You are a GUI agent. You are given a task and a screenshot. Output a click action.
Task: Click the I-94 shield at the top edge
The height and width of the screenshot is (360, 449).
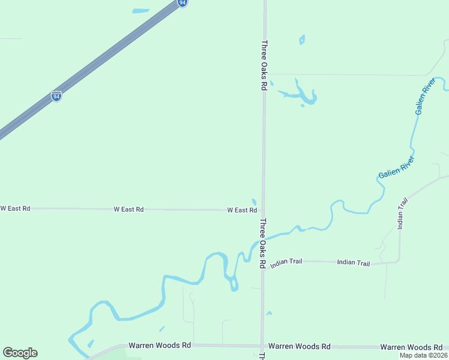[x=182, y=2]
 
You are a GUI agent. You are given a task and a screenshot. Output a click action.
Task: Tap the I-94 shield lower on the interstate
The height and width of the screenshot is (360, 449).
[x=56, y=96]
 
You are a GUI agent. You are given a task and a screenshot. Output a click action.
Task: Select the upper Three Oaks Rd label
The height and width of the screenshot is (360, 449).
[x=264, y=65]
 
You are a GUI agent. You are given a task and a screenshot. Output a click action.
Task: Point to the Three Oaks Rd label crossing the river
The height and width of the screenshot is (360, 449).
[x=262, y=242]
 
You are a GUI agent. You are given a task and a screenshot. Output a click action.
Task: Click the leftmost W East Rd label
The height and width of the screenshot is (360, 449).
[x=15, y=208]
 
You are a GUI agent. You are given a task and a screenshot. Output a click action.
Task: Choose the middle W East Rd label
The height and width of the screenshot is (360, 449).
[x=128, y=209]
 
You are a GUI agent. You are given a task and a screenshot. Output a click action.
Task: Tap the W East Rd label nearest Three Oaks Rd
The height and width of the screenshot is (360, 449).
[x=242, y=210]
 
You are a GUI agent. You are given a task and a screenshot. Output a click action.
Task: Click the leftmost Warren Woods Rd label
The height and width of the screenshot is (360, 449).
[x=160, y=346]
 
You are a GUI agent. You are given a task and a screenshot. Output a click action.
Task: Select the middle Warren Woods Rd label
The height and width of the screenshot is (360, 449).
[x=299, y=346]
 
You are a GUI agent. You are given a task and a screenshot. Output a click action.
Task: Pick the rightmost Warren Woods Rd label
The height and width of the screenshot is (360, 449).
[x=411, y=347]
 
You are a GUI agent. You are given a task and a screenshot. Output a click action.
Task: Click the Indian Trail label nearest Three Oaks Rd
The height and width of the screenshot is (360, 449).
[x=286, y=263]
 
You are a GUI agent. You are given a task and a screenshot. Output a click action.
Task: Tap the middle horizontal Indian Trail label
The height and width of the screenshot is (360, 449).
[x=354, y=262]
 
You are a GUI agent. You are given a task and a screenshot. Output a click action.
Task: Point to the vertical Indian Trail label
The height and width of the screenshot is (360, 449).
[x=402, y=213]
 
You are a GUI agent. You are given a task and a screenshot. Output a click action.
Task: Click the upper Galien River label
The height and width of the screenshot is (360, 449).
[x=424, y=100]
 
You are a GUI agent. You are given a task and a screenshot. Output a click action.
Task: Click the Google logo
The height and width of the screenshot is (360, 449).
[x=20, y=353]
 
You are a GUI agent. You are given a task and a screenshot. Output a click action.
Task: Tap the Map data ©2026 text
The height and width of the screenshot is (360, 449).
[x=423, y=355]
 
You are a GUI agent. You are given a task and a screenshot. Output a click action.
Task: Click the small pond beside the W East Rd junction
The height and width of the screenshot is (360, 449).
[x=255, y=202]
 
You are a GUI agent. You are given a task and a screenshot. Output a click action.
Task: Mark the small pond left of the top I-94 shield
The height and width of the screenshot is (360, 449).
[x=140, y=11]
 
